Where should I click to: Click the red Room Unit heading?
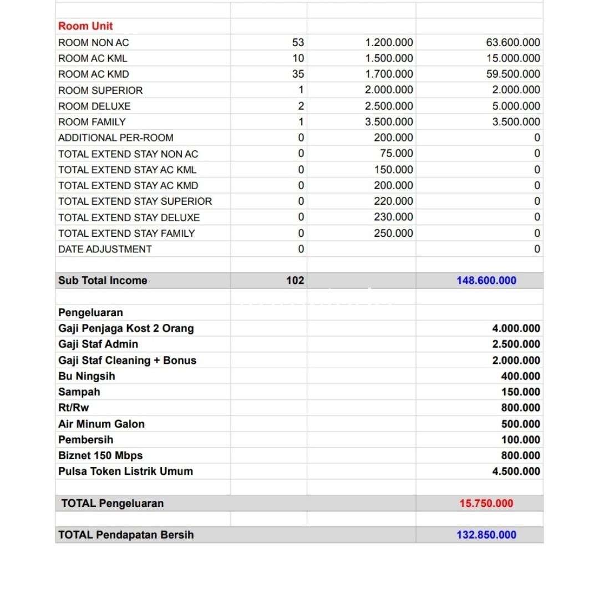85,26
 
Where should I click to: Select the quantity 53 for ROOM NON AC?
298,42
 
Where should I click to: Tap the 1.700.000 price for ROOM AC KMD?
389,74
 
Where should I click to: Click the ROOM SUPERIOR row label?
100,90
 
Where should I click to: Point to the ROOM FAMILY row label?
92,122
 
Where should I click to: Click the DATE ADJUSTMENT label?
105,249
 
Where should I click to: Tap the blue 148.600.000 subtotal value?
486,281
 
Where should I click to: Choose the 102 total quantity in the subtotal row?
295,281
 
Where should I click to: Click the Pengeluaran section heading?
90,312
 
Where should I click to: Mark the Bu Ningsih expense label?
87,376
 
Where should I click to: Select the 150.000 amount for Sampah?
520,392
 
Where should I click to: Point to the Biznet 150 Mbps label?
100,455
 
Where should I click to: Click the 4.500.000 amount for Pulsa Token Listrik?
516,471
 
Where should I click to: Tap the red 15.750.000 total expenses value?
486,504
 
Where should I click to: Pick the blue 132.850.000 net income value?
486,535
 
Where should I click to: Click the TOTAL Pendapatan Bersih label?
126,535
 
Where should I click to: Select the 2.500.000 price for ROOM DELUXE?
389,106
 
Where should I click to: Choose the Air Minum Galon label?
101,424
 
